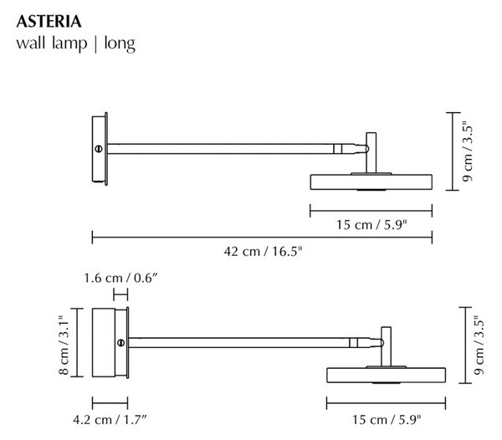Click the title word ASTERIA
(x=49, y=22)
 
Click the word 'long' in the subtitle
(x=120, y=43)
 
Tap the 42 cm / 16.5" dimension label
(x=263, y=252)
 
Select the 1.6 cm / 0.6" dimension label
(x=120, y=278)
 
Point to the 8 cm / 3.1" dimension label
(x=64, y=345)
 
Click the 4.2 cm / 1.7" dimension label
(x=110, y=420)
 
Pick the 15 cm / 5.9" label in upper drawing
(x=371, y=225)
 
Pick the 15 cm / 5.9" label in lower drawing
(x=387, y=420)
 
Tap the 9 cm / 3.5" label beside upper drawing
(x=468, y=151)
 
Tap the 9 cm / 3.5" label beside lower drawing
(x=479, y=345)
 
